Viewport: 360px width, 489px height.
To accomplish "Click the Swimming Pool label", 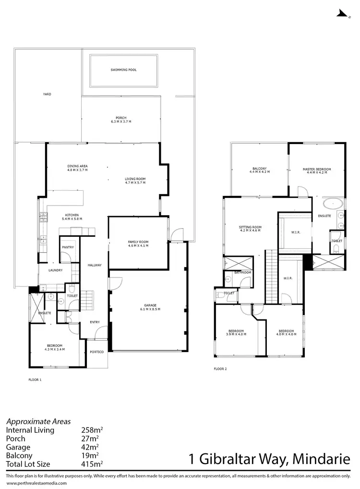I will pyautogui.click(x=123, y=70).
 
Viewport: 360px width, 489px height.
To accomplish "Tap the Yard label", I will pyautogui.click(x=47, y=94).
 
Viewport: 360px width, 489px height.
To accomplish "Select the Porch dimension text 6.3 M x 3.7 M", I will pyautogui.click(x=120, y=122).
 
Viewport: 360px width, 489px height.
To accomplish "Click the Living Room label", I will pyautogui.click(x=135, y=179).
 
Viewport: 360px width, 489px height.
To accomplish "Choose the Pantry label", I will pyautogui.click(x=67, y=247).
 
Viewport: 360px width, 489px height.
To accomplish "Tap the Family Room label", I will pyautogui.click(x=138, y=242).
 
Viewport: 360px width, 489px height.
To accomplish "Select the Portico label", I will pyautogui.click(x=96, y=352).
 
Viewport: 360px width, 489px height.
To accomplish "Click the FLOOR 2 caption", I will pyautogui.click(x=220, y=369).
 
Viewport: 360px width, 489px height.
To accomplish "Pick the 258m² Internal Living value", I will pyautogui.click(x=90, y=430).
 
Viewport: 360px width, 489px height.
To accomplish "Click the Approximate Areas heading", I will pyautogui.click(x=38, y=421).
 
